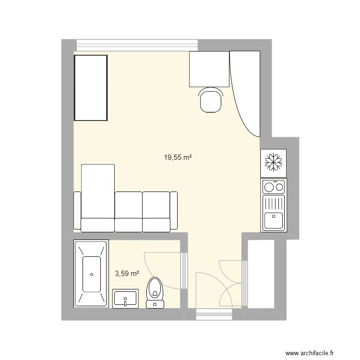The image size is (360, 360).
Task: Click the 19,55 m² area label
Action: pos(178,157)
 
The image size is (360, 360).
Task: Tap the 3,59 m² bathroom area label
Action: pos(127,274)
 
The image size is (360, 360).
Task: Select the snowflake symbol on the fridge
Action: pos(273,162)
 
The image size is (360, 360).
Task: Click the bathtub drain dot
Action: pos(91,275)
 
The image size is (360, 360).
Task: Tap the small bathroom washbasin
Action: pos(125,299)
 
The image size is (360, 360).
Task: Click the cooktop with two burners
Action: pos(273,186)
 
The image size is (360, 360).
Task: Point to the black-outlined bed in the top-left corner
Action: pos(90,87)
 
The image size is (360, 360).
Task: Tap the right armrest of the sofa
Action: pos(174,210)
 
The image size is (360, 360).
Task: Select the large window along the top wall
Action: pos(137,45)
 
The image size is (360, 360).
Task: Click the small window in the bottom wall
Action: pos(214,315)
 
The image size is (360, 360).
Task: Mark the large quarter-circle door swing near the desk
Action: pos(245,94)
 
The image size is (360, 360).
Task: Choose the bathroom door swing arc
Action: pos(161,269)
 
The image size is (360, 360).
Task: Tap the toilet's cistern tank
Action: pos(155,303)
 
